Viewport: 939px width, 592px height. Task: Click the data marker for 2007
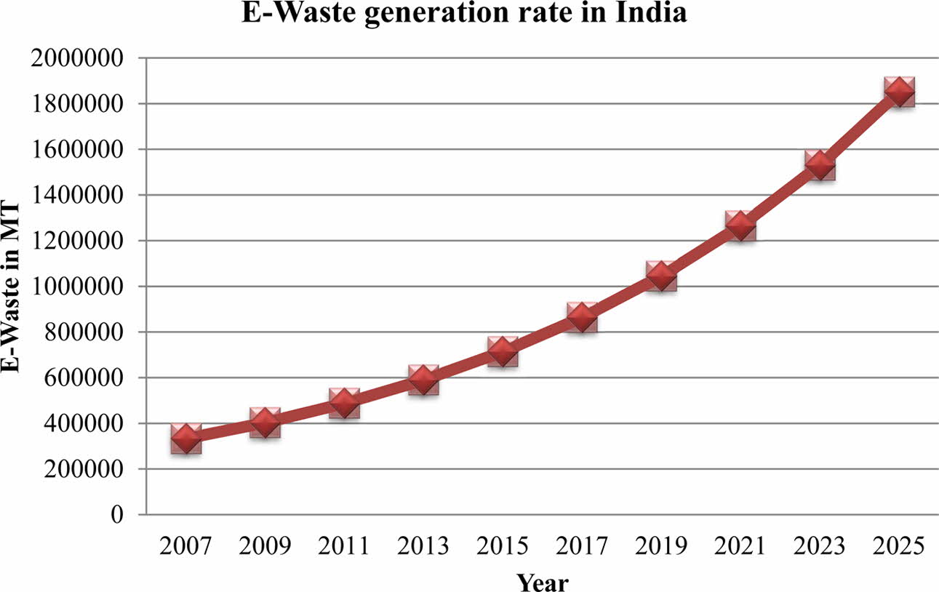186,439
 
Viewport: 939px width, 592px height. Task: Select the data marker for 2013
423,379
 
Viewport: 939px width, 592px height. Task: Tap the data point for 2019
661,276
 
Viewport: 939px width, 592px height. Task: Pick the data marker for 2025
899,92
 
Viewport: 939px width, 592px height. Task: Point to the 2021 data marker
740,225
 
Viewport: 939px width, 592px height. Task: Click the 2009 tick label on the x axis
265,546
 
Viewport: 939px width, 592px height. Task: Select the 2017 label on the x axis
582,546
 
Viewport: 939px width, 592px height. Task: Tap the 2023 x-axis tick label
820,546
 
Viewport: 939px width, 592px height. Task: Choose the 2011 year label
344,546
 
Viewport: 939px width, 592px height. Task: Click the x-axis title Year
542,581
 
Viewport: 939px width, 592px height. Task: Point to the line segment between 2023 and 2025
860,129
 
